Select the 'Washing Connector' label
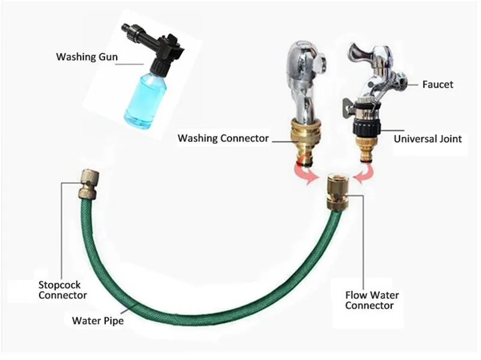point(223,138)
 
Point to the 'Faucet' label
point(437,85)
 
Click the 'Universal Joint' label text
point(427,139)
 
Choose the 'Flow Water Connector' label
point(372,301)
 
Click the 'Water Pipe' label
point(97,321)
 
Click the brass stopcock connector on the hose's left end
point(89,183)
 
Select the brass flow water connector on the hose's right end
point(334,191)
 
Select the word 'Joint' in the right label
point(449,139)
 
